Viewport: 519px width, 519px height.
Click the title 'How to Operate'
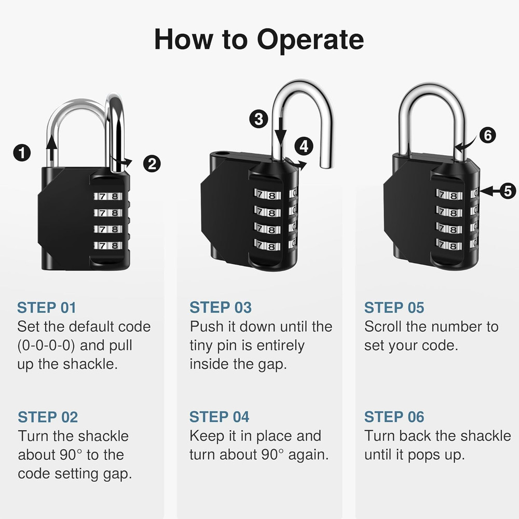tap(259, 40)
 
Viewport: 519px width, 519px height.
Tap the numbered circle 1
tap(22, 153)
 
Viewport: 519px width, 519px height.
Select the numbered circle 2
tap(152, 164)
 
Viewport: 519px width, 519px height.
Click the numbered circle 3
tap(258, 119)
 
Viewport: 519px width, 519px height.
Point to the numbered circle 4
tap(304, 146)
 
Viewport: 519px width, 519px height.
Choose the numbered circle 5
tap(508, 191)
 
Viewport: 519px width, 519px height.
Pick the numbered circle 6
tap(487, 135)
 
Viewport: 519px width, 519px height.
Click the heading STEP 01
tap(47, 308)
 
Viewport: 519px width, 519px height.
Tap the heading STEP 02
tap(48, 417)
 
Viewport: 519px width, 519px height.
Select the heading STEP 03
tap(220, 308)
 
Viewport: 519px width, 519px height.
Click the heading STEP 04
tap(219, 417)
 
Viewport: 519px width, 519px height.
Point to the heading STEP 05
tap(394, 308)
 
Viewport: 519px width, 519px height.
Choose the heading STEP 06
tap(394, 417)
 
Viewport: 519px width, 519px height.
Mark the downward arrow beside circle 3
tap(280, 130)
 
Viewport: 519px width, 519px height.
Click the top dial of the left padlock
tap(108, 197)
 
